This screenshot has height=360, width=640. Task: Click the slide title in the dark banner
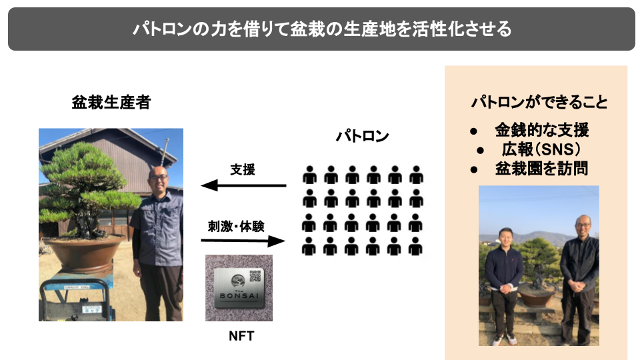pyautogui.click(x=321, y=29)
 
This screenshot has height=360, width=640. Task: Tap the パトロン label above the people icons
pyautogui.click(x=362, y=137)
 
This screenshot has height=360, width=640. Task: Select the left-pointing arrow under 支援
pyautogui.click(x=243, y=186)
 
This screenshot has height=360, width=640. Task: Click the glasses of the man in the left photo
pyautogui.click(x=159, y=178)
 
